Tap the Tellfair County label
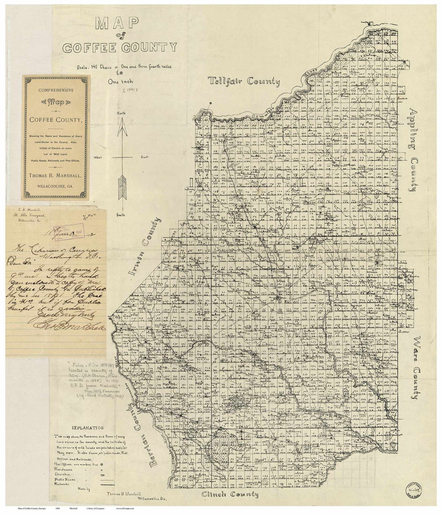244,81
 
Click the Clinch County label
230,495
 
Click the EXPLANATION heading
87,428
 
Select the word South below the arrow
121,215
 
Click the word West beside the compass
97,157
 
